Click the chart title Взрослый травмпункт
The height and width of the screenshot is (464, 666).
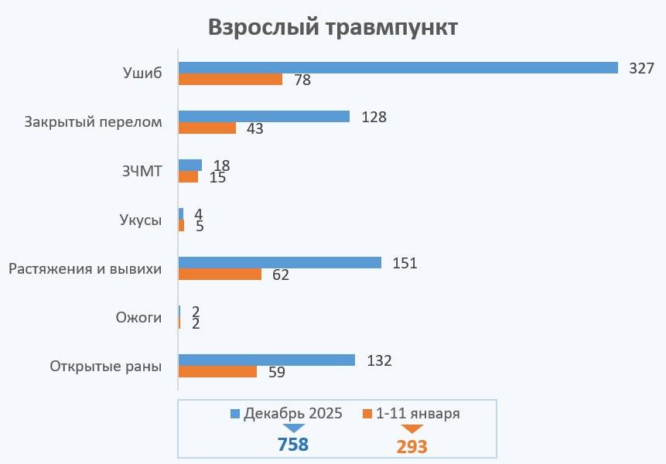tap(333, 28)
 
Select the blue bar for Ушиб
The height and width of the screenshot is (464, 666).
tap(398, 67)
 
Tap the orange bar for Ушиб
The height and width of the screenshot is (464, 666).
tap(230, 79)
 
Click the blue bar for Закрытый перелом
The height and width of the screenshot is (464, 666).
tap(264, 117)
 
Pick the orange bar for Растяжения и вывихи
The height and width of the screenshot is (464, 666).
tap(220, 275)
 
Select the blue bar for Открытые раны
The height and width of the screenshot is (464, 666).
tap(266, 360)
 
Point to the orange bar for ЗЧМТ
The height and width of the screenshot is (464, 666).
tap(188, 177)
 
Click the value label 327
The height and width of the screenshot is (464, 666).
tap(641, 68)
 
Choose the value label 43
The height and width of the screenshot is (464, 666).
tap(254, 128)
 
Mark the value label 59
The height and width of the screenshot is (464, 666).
tap(276, 372)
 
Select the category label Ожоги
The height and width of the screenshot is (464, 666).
tap(138, 317)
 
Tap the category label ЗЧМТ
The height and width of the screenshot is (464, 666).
tap(143, 171)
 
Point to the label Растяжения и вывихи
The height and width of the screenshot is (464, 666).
tap(85, 269)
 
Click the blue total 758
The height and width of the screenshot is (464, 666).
tap(293, 445)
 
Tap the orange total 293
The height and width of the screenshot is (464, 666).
tap(412, 446)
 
